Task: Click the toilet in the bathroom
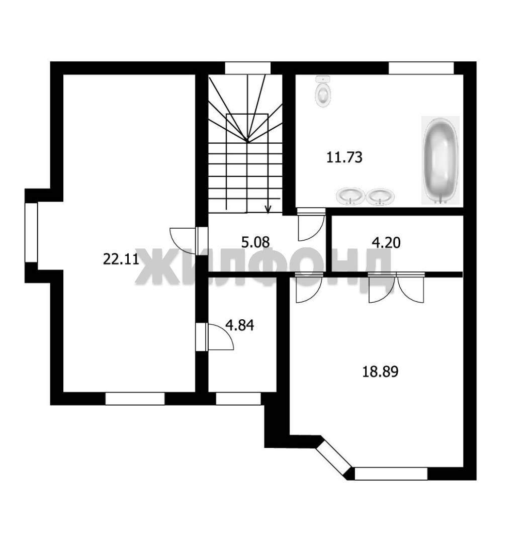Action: tap(323, 92)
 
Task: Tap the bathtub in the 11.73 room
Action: tap(441, 160)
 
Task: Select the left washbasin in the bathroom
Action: tap(350, 197)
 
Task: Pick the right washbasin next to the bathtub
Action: tap(380, 197)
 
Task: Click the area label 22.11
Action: tap(121, 259)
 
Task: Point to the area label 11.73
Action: tap(344, 157)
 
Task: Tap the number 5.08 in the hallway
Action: tap(255, 242)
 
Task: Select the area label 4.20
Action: tap(386, 242)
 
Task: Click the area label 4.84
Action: tap(240, 325)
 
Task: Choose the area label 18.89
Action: tap(380, 372)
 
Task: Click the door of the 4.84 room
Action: tap(215, 336)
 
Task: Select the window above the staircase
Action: tap(248, 68)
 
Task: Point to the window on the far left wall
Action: tap(31, 232)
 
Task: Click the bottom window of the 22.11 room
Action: tap(135, 399)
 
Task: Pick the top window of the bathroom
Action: tap(421, 68)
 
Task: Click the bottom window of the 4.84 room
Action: tap(238, 399)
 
